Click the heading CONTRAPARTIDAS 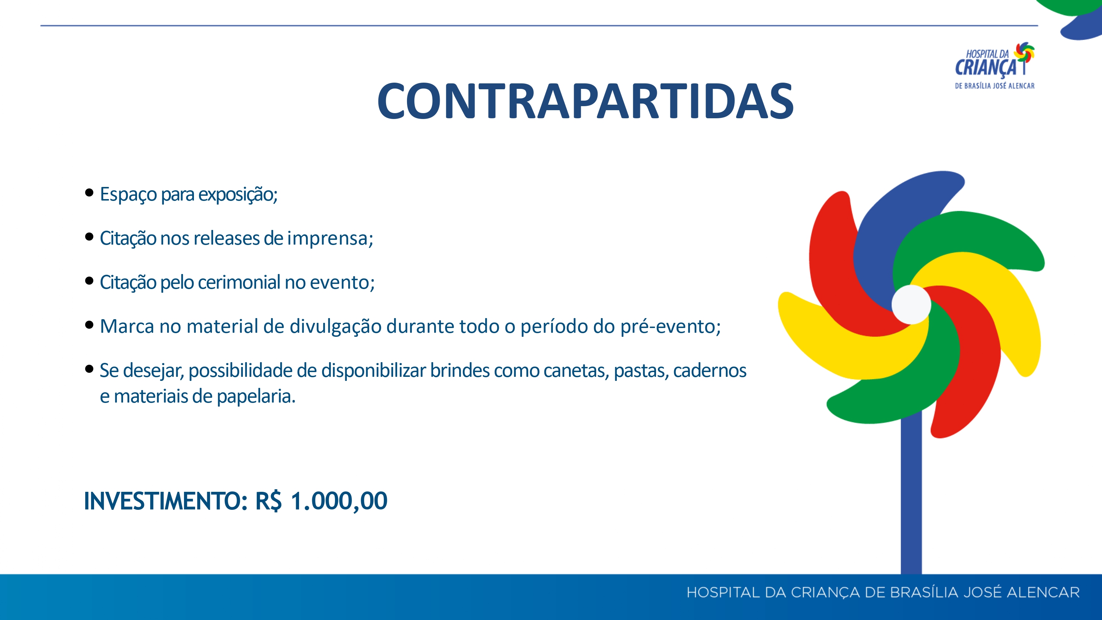585,101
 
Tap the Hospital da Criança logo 995,65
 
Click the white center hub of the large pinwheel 911,304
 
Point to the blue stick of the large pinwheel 911,496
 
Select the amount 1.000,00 339,501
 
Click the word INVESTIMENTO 163,501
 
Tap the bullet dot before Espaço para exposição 89,192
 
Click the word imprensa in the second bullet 328,238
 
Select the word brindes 460,371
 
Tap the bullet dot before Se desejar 89,369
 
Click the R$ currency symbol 268,501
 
